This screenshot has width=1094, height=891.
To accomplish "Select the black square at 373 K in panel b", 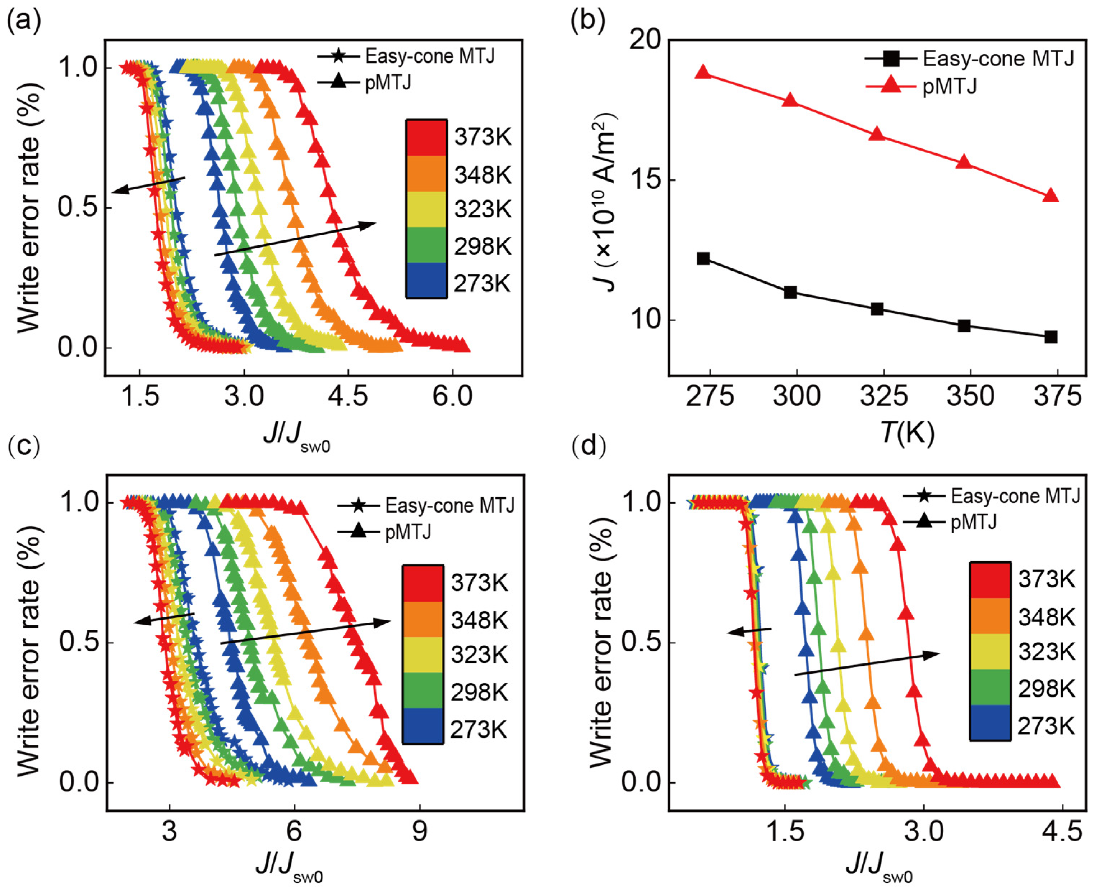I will [1051, 337].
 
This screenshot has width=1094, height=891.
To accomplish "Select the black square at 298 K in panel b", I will [790, 293].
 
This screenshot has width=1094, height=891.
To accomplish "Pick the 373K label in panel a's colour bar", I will [483, 138].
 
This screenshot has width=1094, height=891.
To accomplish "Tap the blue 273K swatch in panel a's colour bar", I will [426, 280].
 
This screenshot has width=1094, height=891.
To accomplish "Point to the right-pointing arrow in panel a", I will [295, 239].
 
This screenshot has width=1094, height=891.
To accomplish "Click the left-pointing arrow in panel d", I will [749, 631].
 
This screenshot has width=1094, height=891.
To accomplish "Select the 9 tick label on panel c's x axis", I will [419, 830].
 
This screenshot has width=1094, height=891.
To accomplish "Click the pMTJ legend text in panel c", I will [408, 532].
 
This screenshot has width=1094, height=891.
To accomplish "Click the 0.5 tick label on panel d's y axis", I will [641, 643].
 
